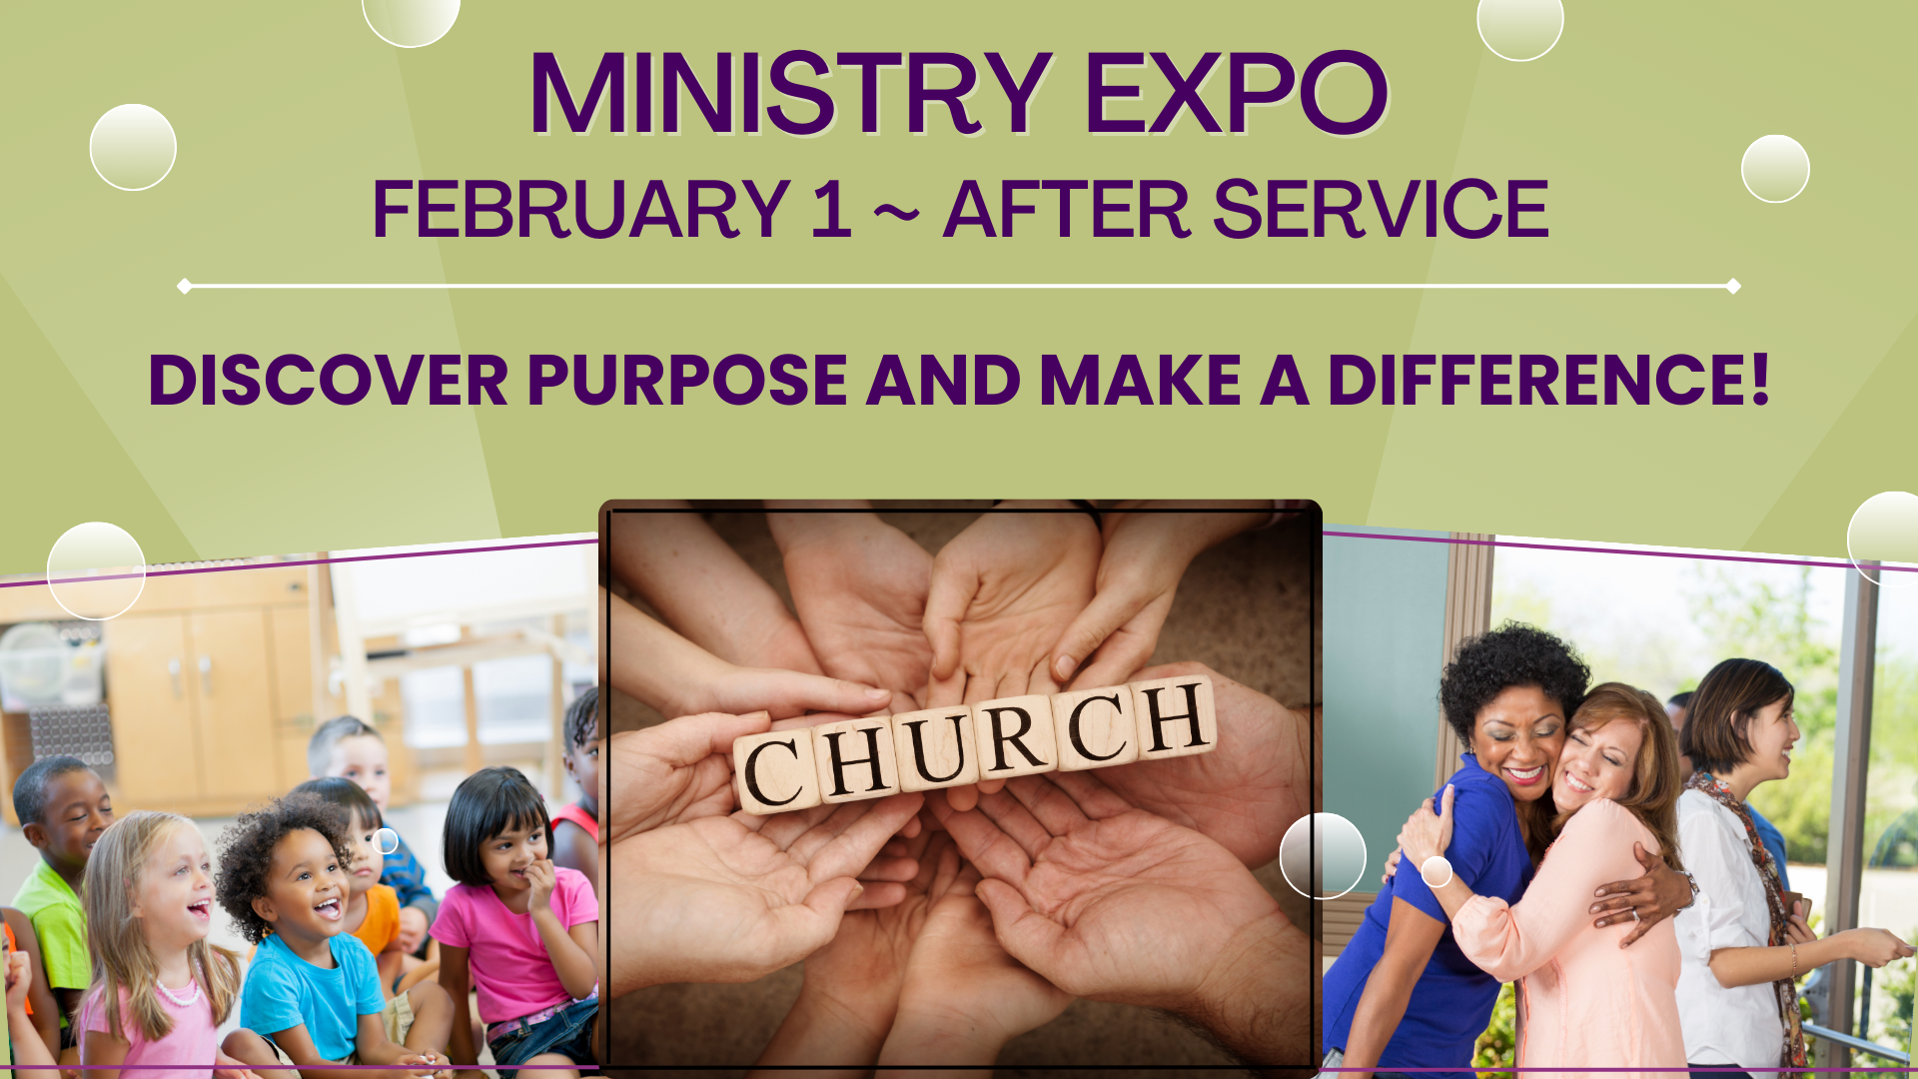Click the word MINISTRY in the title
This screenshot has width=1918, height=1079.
point(789,94)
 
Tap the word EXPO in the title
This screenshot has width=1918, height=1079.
point(1236,94)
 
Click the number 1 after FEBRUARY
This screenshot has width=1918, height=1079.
point(831,210)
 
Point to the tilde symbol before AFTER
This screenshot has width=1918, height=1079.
point(896,212)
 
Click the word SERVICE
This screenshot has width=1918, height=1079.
point(1380,210)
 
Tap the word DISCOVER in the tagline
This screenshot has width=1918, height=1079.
point(329,381)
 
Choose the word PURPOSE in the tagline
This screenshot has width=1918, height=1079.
point(687,381)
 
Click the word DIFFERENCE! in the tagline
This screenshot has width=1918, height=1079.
point(1548,381)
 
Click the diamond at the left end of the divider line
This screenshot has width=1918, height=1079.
point(185,287)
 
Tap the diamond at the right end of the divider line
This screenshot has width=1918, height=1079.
point(1733,287)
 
